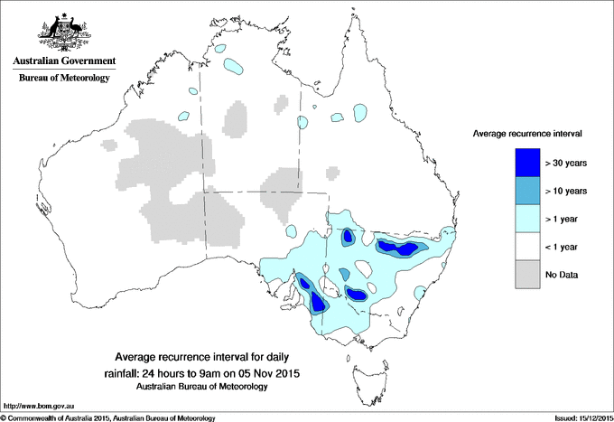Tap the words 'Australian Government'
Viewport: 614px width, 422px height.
(64, 61)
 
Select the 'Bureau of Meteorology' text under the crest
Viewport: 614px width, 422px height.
(64, 79)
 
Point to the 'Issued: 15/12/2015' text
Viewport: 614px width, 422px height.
(576, 417)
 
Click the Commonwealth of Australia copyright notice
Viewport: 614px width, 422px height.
(108, 417)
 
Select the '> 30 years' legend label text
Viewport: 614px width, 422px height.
(566, 163)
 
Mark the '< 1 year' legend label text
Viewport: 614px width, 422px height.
(564, 247)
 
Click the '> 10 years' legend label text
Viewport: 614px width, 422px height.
(566, 191)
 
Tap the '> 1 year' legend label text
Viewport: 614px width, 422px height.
(564, 219)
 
